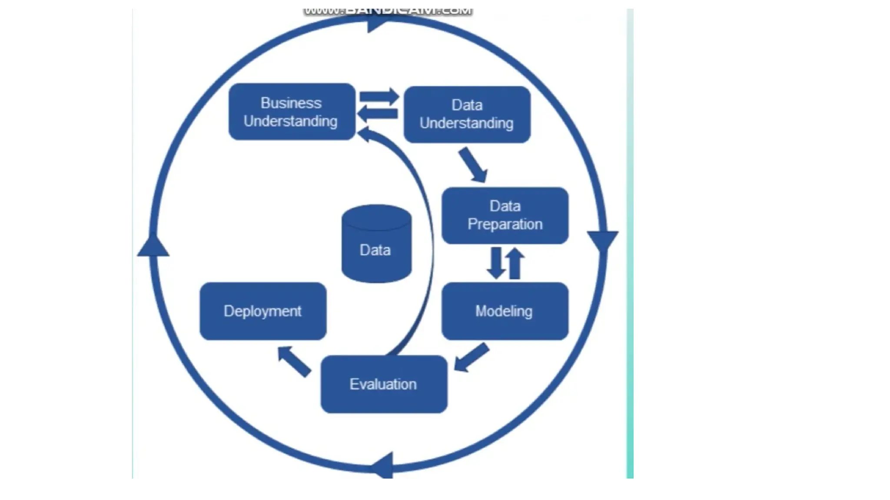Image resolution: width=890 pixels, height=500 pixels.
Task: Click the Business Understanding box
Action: point(292,112)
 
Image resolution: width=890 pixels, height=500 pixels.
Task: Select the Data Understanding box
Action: point(467,114)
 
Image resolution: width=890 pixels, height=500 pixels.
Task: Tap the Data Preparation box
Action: point(505,215)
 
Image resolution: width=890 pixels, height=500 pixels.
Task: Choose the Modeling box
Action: point(505,311)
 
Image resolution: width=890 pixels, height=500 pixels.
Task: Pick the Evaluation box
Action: point(384,384)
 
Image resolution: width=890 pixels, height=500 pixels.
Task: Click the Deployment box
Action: point(263,311)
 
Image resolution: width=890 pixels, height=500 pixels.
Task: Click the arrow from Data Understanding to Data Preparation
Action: point(473,164)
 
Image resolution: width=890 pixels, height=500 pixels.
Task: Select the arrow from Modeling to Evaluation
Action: point(472,358)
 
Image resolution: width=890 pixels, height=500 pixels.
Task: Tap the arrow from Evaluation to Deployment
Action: point(294,361)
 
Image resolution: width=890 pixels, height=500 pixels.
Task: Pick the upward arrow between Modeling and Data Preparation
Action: point(515,263)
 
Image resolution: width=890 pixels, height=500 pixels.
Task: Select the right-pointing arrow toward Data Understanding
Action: point(379,96)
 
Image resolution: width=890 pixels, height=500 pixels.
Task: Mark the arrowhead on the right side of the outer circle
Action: point(602,240)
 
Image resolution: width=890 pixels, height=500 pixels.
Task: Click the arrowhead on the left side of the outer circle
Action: point(153,246)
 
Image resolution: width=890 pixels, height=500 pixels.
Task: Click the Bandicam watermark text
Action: point(388,11)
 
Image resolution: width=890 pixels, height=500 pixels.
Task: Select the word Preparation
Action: point(505,224)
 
